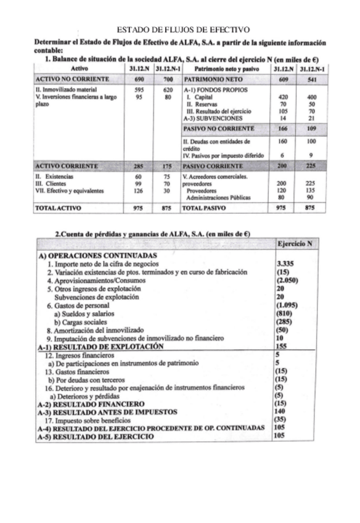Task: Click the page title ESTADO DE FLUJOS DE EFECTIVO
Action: tap(182, 28)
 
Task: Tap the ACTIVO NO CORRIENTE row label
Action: tap(72, 80)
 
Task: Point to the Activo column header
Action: tap(80, 68)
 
